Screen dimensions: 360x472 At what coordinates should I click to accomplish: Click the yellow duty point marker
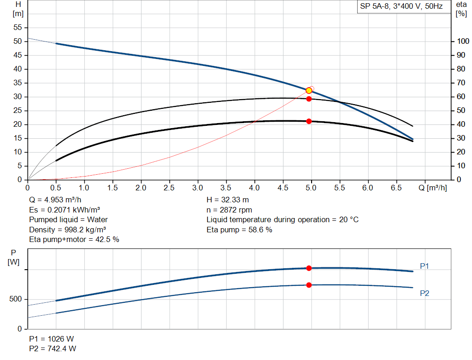coord(309,90)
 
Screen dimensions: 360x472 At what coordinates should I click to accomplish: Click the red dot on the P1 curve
coord(309,268)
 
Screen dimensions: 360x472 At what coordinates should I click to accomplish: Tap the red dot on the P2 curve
coord(309,285)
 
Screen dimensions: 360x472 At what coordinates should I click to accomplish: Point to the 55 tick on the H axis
coord(18,28)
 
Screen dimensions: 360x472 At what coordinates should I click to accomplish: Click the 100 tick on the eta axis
coord(461,41)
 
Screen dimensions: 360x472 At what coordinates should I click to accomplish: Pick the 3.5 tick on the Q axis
coord(226,188)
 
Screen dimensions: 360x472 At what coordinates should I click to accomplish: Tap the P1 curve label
coord(425,266)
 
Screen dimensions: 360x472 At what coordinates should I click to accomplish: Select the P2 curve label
coord(425,293)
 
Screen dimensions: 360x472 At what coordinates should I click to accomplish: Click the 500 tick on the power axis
coord(16,300)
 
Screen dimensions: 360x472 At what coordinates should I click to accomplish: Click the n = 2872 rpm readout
coord(230,210)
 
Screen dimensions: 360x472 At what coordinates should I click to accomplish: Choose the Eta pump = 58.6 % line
coord(239,230)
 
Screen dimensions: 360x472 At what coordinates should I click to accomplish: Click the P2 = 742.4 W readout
coord(53,348)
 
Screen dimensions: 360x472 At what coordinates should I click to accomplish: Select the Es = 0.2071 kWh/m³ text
coord(65,210)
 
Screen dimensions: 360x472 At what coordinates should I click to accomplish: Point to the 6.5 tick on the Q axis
coord(396,188)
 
